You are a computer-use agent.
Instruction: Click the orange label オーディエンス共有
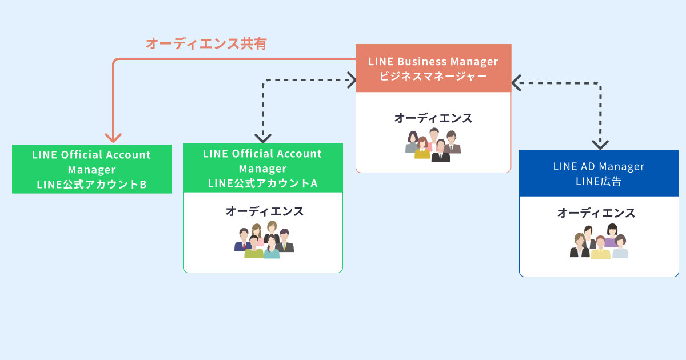(206, 43)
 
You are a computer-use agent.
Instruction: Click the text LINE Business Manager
(433, 62)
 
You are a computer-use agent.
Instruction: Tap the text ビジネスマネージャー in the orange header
(433, 76)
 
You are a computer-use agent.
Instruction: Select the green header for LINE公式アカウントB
(92, 169)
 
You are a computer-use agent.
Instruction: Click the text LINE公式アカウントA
(263, 183)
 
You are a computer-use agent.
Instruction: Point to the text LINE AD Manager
(599, 166)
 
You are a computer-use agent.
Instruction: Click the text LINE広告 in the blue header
(599, 181)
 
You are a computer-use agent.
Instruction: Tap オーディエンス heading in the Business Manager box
(433, 118)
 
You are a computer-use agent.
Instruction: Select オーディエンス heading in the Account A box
(265, 211)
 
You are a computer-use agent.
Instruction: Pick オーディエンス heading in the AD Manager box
(596, 213)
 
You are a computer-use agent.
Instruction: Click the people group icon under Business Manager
(433, 145)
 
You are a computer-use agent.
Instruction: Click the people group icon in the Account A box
(264, 239)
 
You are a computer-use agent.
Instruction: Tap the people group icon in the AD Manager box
(599, 241)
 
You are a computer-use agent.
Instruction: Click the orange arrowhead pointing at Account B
(113, 138)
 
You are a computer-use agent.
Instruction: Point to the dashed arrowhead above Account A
(263, 138)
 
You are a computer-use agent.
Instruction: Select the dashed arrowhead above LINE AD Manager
(600, 145)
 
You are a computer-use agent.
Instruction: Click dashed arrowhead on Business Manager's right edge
(516, 83)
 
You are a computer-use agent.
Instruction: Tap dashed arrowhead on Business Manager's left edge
(352, 80)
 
